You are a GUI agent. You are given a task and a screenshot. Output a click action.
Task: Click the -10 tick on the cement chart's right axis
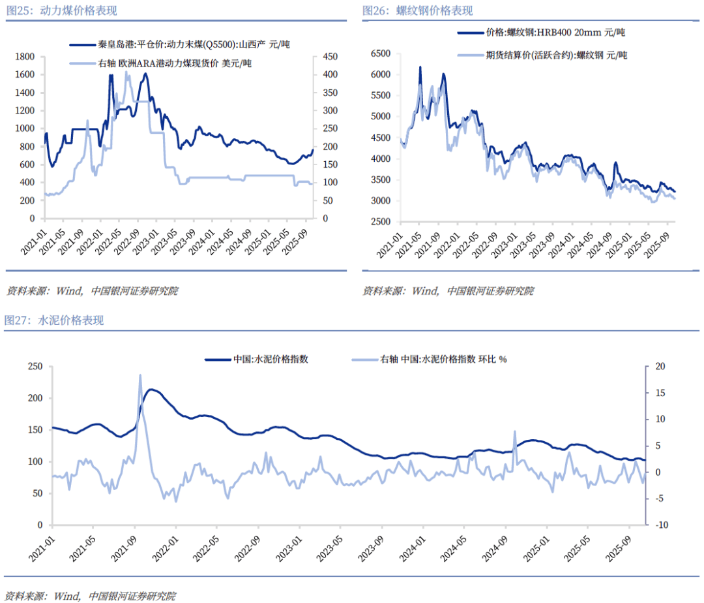(x=658, y=525)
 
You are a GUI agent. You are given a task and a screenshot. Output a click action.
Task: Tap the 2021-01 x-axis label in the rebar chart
(x=392, y=245)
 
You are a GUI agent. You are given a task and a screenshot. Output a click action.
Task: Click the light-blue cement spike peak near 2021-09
(x=140, y=376)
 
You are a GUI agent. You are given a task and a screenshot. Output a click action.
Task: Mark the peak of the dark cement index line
(x=151, y=390)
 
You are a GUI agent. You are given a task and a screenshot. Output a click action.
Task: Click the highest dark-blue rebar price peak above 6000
(x=420, y=67)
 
